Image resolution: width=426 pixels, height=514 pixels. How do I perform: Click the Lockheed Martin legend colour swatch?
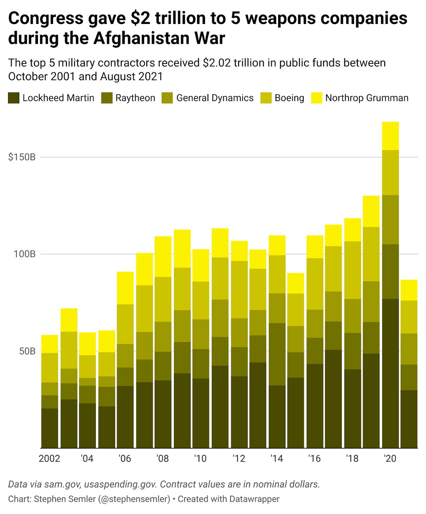14,98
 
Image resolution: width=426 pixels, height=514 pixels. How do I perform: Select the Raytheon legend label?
135,98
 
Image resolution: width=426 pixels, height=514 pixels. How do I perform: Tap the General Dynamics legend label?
215,98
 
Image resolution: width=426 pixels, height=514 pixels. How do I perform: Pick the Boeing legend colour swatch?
267,98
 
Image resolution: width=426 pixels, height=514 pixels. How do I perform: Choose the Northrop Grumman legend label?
366,98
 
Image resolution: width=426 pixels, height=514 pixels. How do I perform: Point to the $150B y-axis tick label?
22,158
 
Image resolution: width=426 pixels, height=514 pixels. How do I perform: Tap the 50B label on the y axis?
27,351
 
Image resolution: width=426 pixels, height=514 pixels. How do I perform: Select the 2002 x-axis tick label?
50,459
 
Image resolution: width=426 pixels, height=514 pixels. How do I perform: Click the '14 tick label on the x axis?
277,459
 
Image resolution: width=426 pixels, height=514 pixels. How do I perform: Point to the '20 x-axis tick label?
390,459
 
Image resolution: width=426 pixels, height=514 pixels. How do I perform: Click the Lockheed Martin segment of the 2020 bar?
390,374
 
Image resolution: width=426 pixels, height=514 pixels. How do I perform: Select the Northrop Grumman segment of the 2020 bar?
390,136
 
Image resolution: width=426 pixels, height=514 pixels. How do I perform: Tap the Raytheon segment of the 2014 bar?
277,354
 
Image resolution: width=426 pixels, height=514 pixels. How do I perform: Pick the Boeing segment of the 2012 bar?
239,290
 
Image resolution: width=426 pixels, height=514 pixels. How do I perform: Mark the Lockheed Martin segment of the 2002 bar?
50,428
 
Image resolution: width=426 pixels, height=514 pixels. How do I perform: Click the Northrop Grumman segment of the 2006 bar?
125,288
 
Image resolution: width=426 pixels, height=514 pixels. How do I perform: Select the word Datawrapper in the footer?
254,499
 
